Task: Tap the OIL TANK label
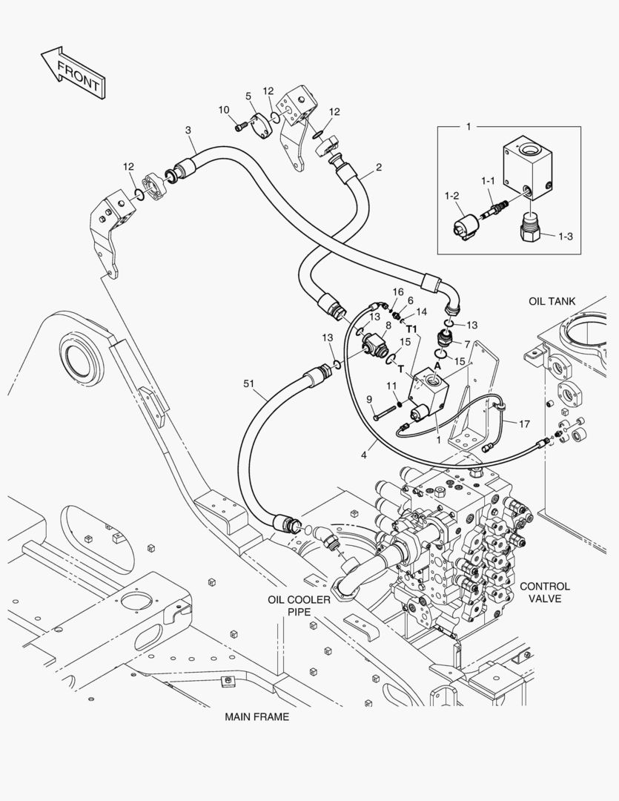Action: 552,301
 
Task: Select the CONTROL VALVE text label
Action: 545,592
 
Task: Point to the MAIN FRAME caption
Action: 257,717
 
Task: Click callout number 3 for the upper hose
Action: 188,131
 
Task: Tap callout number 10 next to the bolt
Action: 224,110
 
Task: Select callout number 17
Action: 524,424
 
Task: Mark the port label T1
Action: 412,329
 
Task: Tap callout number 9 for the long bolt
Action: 369,400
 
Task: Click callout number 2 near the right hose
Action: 378,168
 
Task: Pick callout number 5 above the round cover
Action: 248,96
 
